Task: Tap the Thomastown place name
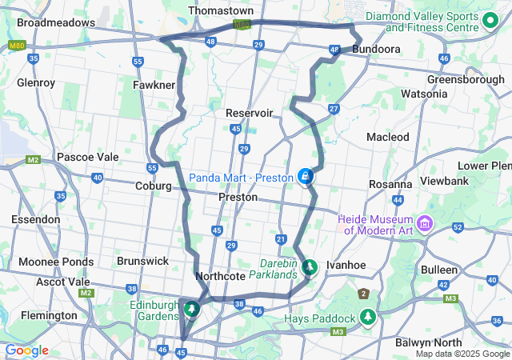coord(221,11)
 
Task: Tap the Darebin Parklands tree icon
coord(310,267)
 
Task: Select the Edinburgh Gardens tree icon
coord(192,308)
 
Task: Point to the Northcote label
coord(220,276)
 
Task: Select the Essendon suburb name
coord(35,219)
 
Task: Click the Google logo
coord(26,350)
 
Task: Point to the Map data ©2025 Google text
coord(462,354)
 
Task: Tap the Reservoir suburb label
coord(250,113)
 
